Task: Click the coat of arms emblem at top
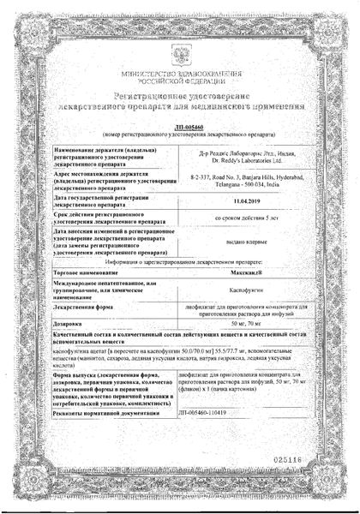179,44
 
